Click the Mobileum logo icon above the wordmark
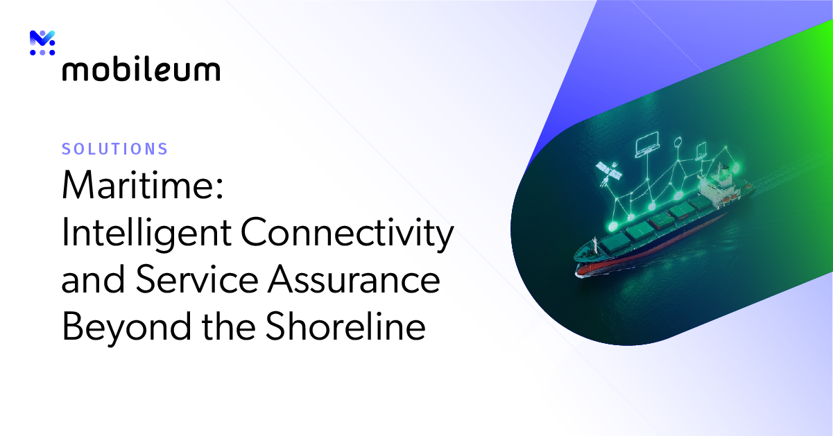(42, 43)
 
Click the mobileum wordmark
(141, 70)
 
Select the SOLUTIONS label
(114, 149)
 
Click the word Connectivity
(347, 234)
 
